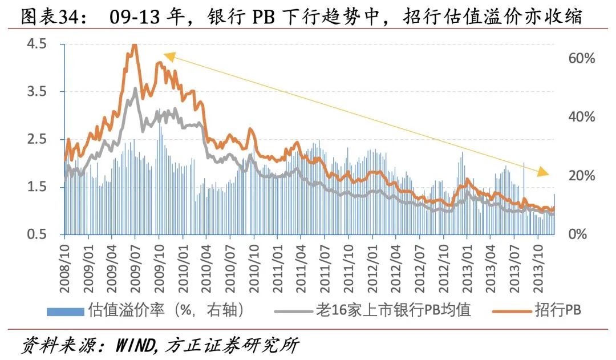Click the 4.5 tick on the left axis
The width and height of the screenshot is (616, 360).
[38, 44]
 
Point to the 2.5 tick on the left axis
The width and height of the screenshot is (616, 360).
[38, 139]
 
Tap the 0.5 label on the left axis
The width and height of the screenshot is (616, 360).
[38, 234]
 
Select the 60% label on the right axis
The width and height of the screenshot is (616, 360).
[581, 58]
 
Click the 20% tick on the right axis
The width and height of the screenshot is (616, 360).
[581, 176]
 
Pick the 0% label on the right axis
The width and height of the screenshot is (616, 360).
[577, 234]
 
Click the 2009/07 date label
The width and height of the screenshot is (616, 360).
[135, 265]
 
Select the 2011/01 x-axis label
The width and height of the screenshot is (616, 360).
[277, 265]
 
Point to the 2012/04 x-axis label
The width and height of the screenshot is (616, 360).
[395, 265]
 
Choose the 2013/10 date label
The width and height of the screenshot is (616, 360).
[537, 265]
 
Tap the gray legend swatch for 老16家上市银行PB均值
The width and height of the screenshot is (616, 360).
[294, 312]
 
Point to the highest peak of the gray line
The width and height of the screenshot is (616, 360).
[135, 89]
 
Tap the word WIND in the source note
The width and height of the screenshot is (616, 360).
[133, 346]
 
